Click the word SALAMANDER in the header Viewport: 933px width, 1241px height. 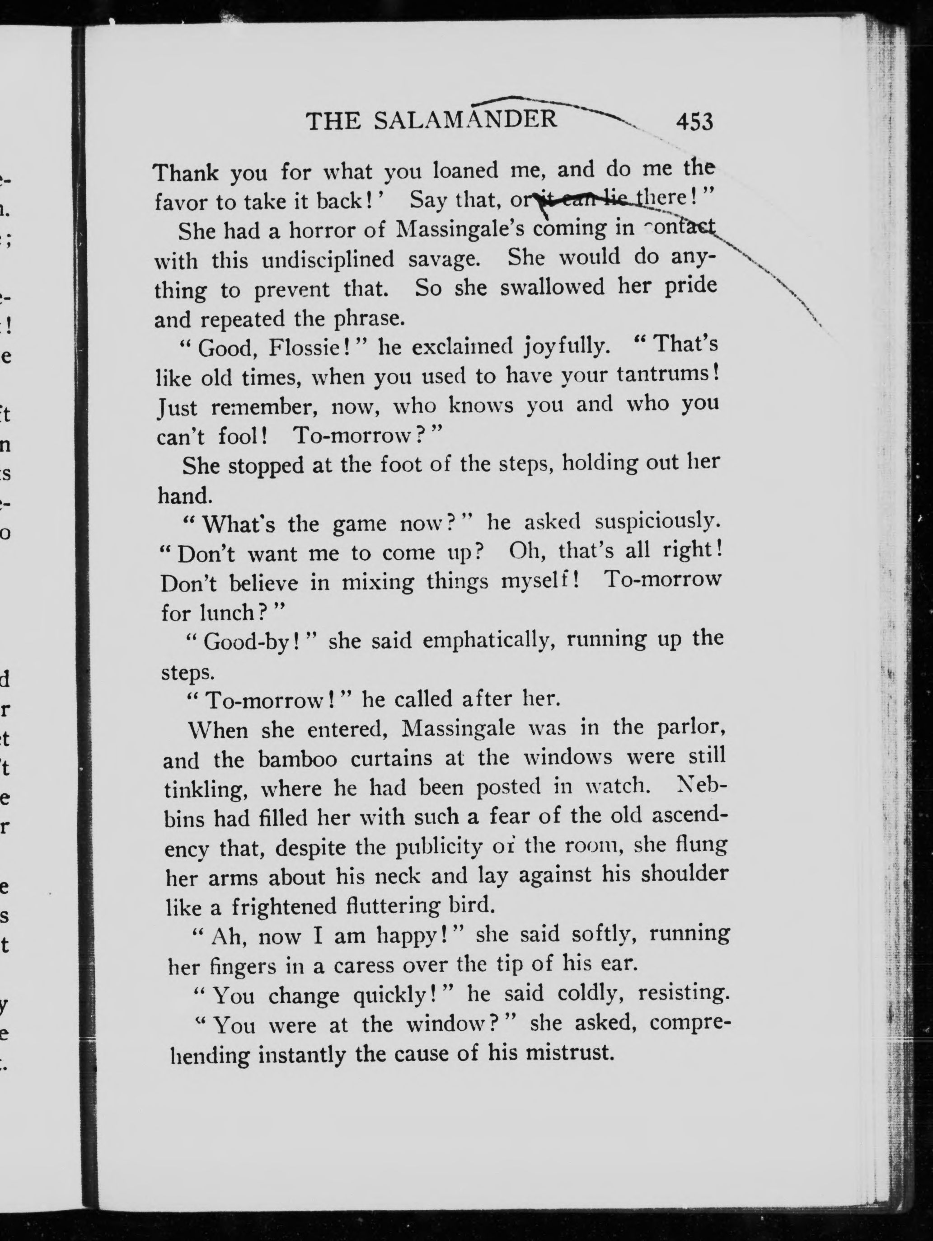click(x=465, y=120)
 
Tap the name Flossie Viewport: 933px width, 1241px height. click(x=309, y=349)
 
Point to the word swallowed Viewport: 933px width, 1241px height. click(x=552, y=287)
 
